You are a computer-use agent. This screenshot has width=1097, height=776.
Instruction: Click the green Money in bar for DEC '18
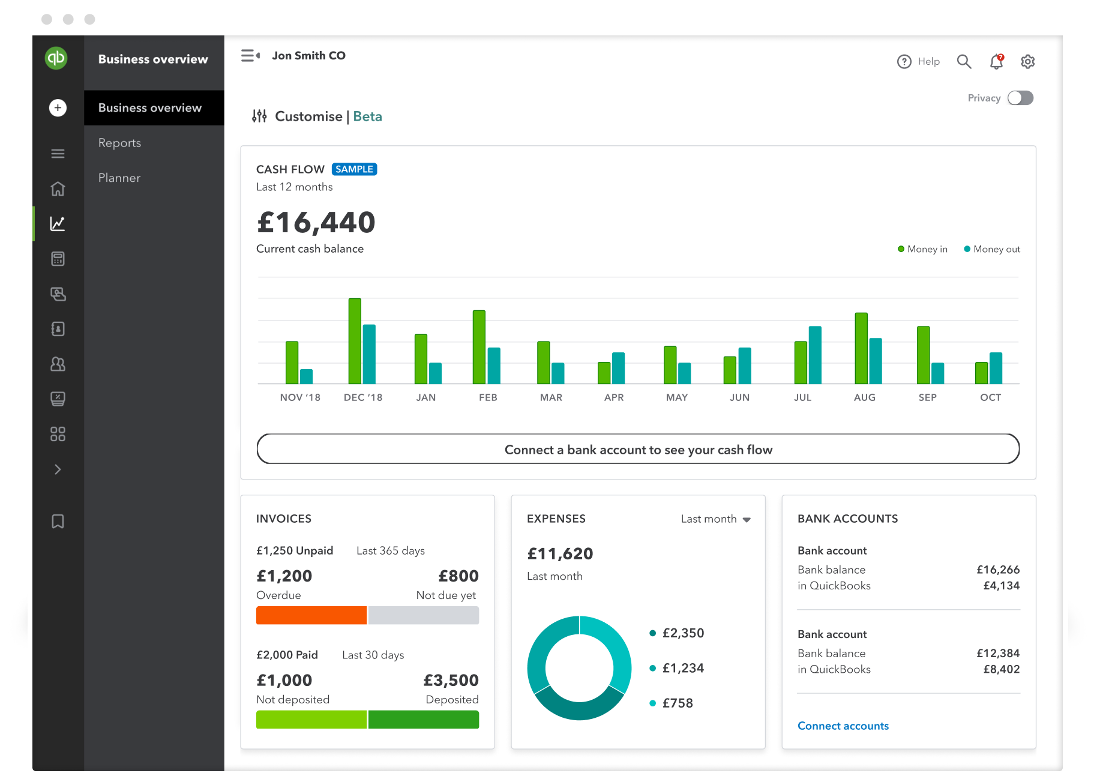(355, 341)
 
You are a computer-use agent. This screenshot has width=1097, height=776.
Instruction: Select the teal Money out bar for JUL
(815, 355)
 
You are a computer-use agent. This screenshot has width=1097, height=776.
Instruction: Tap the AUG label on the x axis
(864, 397)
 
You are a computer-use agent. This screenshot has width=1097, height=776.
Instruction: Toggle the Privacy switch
(1020, 98)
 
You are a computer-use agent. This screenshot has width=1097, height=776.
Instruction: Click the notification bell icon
(996, 61)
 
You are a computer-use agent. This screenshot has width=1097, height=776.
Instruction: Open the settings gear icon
(1027, 61)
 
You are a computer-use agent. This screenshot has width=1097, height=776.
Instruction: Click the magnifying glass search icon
(964, 61)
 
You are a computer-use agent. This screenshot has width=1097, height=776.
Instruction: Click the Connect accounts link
(843, 726)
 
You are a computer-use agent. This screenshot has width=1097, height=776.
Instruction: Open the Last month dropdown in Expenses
(715, 519)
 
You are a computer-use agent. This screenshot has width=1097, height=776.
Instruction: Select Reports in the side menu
(120, 143)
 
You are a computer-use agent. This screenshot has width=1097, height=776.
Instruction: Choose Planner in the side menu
(119, 178)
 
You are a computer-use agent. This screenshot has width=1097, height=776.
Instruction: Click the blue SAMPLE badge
(354, 169)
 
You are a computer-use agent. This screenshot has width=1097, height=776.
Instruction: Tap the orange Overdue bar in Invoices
(311, 615)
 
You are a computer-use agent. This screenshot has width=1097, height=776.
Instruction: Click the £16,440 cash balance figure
(316, 223)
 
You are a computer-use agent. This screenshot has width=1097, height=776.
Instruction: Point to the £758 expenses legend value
(678, 703)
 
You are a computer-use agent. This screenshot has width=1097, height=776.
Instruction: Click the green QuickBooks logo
(56, 58)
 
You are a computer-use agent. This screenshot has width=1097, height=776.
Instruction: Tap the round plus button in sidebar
(58, 108)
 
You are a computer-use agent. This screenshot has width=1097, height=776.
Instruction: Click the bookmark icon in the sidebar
(58, 521)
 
